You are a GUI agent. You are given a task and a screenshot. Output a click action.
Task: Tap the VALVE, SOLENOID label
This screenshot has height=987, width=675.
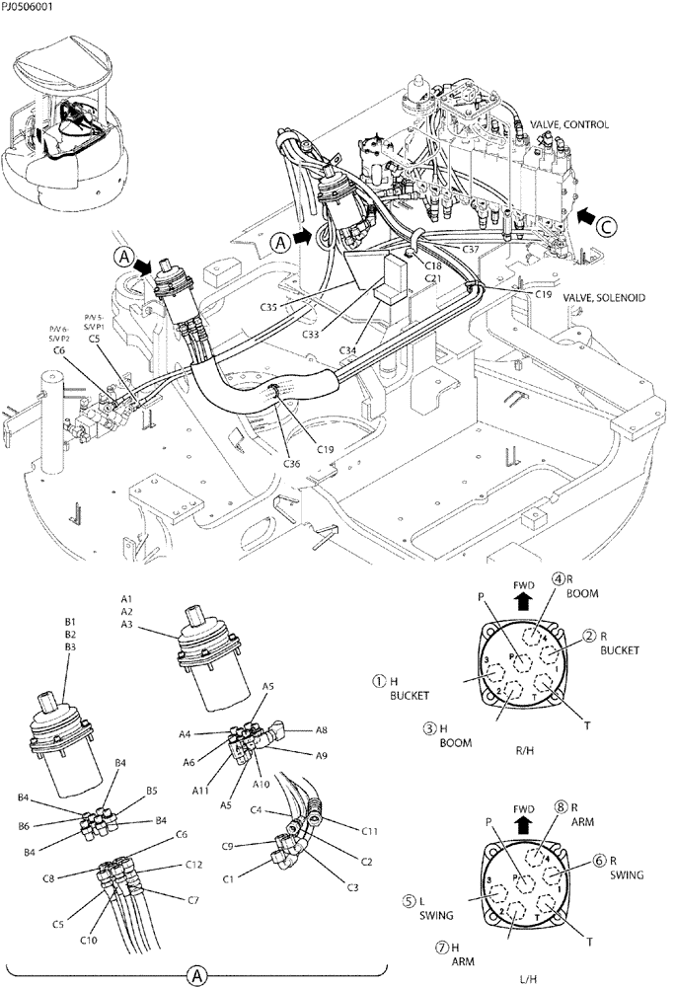point(603,297)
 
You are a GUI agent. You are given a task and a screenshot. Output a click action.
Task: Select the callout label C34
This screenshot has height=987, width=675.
point(346,349)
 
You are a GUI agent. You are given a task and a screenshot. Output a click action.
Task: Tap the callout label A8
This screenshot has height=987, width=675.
point(322,731)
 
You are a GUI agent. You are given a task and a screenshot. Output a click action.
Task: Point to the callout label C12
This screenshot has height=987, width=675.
point(195,865)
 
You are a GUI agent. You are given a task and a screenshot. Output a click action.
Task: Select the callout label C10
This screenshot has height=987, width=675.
point(89,941)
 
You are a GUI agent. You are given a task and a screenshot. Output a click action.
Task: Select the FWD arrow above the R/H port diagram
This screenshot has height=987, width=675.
point(523,594)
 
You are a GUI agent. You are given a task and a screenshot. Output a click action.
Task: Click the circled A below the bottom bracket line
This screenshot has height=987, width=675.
point(199,975)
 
